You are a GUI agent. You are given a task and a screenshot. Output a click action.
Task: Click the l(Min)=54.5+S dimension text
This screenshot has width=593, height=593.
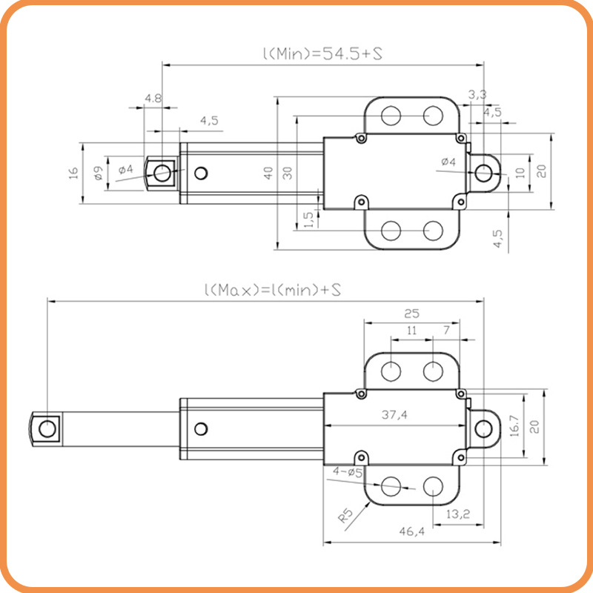click(322, 54)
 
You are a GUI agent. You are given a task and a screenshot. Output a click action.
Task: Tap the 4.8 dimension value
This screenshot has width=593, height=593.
click(153, 98)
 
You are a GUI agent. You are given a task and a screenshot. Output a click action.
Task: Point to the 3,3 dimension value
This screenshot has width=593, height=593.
click(478, 94)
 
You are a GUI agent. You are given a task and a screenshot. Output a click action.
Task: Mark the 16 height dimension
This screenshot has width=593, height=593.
click(73, 172)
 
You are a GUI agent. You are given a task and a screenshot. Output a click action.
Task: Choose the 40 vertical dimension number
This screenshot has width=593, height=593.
click(268, 173)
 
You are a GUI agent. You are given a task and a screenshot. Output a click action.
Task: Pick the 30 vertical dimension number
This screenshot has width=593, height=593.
click(287, 173)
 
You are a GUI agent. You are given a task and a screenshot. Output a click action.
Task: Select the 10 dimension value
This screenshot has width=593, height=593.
click(520, 173)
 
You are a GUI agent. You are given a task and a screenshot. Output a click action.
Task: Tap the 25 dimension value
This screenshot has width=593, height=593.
click(412, 314)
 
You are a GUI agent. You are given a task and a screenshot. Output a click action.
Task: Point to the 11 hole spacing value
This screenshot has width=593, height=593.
click(412, 331)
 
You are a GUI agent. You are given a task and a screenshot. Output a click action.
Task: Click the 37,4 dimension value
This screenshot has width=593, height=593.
click(394, 416)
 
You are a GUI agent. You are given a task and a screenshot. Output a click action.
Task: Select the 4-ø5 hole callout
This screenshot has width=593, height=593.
click(347, 471)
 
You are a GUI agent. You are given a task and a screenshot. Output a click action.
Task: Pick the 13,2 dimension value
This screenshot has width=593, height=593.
click(457, 514)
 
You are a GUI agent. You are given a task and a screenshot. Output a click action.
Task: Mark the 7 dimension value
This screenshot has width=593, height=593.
click(445, 331)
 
